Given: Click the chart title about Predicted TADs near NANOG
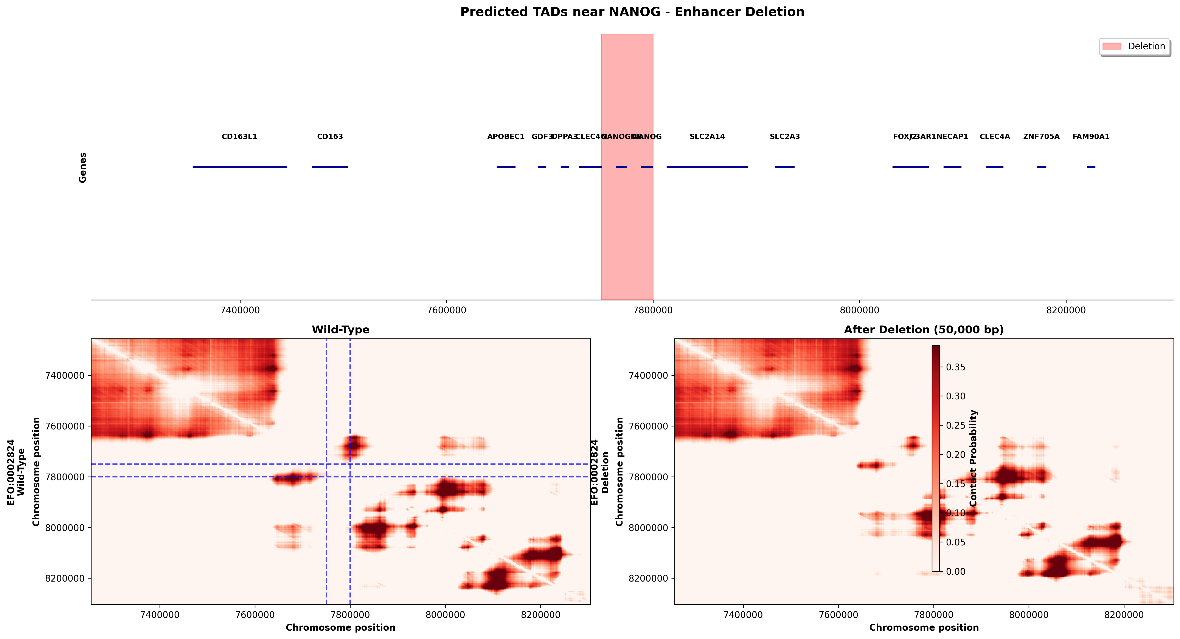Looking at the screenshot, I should click(x=632, y=12).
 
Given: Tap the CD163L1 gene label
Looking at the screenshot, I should click(x=239, y=136).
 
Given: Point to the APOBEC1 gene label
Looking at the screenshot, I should click(x=506, y=136).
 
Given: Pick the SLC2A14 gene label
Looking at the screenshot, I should click(x=707, y=136).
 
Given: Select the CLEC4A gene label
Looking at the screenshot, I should click(x=994, y=136).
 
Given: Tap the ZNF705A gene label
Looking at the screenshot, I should click(x=1041, y=136).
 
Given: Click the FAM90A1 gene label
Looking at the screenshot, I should click(x=1091, y=136).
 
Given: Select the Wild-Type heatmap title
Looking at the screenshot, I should click(x=340, y=330).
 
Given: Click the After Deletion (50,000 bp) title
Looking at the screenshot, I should click(x=924, y=330).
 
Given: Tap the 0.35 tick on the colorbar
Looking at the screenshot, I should click(x=956, y=367).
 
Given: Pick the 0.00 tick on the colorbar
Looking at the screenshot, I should click(x=956, y=571).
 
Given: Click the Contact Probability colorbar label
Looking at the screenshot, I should click(x=973, y=458).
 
